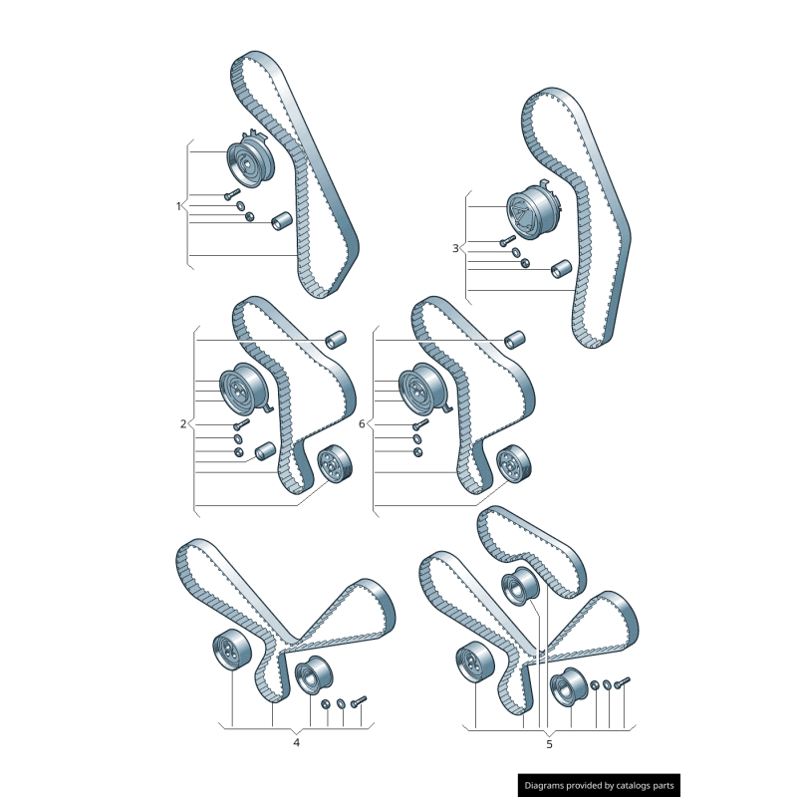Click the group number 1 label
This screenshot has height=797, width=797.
pyautogui.click(x=178, y=206)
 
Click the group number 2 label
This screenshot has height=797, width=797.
pyautogui.click(x=183, y=424)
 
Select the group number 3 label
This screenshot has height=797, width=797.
pyautogui.click(x=455, y=248)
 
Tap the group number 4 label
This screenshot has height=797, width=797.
pyautogui.click(x=296, y=742)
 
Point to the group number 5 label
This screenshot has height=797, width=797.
pyautogui.click(x=549, y=744)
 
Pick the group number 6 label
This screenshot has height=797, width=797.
pyautogui.click(x=362, y=424)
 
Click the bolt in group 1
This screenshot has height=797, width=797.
pyautogui.click(x=232, y=194)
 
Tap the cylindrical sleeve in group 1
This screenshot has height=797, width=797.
pyautogui.click(x=281, y=220)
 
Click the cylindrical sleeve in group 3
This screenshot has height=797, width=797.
pyautogui.click(x=561, y=268)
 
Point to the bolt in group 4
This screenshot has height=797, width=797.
pyautogui.click(x=359, y=702)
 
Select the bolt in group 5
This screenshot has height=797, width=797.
pyautogui.click(x=622, y=682)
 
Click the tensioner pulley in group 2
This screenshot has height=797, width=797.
pyautogui.click(x=245, y=387)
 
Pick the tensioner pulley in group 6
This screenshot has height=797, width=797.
pyautogui.click(x=424, y=387)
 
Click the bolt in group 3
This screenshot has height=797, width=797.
pyautogui.click(x=507, y=240)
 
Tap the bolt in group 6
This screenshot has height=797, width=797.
pyautogui.click(x=420, y=424)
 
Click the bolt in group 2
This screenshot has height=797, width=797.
pyautogui.click(x=241, y=424)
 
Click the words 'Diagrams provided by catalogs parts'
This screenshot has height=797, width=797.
pyautogui.click(x=599, y=786)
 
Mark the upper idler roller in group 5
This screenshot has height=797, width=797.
pyautogui.click(x=519, y=587)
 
